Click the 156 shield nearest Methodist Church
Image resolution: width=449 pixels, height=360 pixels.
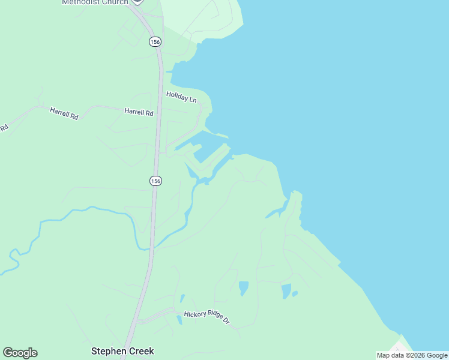[x=155, y=41]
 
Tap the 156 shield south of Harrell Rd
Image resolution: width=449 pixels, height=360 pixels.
[x=155, y=181]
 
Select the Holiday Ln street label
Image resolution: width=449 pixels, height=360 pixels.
[x=181, y=97]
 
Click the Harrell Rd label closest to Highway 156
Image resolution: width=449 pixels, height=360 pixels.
[x=139, y=112]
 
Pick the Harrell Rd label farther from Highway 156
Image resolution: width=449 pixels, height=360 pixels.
[x=64, y=113]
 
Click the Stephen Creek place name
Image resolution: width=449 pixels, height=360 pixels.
[x=122, y=351]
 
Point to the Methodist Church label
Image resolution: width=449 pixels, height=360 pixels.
[x=95, y=2]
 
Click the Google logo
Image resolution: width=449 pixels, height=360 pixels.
[x=20, y=353]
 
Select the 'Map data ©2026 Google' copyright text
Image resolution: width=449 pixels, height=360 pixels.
[x=412, y=355]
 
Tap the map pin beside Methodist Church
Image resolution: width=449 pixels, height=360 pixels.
[x=137, y=2]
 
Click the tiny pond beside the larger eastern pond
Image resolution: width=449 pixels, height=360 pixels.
[x=295, y=293]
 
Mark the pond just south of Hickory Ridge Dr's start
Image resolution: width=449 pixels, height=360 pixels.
[x=179, y=320]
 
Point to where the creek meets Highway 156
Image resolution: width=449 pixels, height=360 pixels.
[x=149, y=248]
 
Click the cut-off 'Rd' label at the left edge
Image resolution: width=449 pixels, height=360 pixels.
[x=4, y=128]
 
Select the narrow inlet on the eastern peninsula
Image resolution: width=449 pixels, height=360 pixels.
[x=277, y=212]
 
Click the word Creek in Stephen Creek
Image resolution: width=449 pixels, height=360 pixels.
[x=141, y=351]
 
